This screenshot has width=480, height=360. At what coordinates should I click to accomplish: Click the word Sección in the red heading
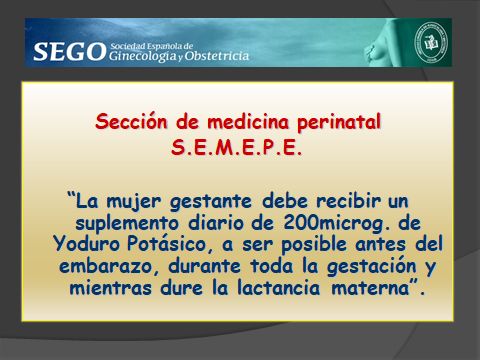(x=130, y=123)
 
